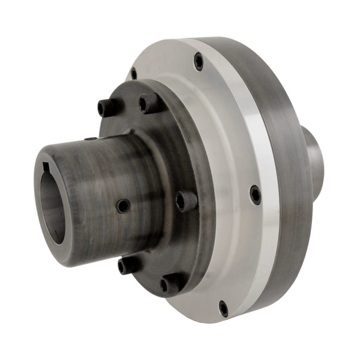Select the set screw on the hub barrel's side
123,205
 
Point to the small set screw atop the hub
91,139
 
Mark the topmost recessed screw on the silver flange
199,61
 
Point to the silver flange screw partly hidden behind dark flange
134,74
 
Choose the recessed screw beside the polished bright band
255,194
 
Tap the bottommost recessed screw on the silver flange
224,308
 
